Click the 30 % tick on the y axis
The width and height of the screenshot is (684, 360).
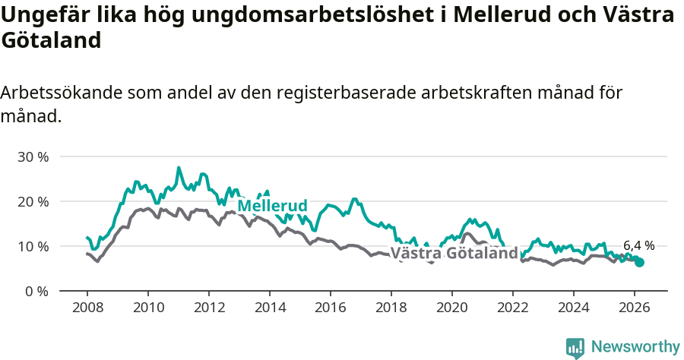tap(33, 157)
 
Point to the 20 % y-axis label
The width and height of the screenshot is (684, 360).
tap(33, 202)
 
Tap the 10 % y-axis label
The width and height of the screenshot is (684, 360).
tap(33, 247)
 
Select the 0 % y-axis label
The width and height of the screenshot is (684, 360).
tap(36, 292)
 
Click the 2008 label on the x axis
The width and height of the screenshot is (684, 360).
tap(87, 308)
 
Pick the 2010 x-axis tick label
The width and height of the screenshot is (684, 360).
tap(148, 308)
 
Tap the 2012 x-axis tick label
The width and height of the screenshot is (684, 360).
tap(209, 308)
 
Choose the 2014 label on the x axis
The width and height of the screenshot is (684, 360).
tap(270, 308)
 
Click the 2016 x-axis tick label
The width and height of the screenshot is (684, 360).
tap(331, 308)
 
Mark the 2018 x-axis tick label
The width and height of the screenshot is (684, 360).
tap(391, 308)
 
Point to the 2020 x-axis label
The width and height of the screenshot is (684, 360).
tap(452, 308)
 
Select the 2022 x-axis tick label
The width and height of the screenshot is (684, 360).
tap(513, 308)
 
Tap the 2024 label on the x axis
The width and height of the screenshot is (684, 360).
tap(574, 308)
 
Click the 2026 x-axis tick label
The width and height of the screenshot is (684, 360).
tap(635, 308)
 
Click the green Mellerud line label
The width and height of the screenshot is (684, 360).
tap(272, 206)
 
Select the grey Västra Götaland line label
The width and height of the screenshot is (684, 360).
tap(454, 253)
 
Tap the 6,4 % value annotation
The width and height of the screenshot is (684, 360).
tap(638, 245)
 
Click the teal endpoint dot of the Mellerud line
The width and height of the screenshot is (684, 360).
tap(639, 262)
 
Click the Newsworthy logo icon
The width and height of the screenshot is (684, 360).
tap(575, 348)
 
